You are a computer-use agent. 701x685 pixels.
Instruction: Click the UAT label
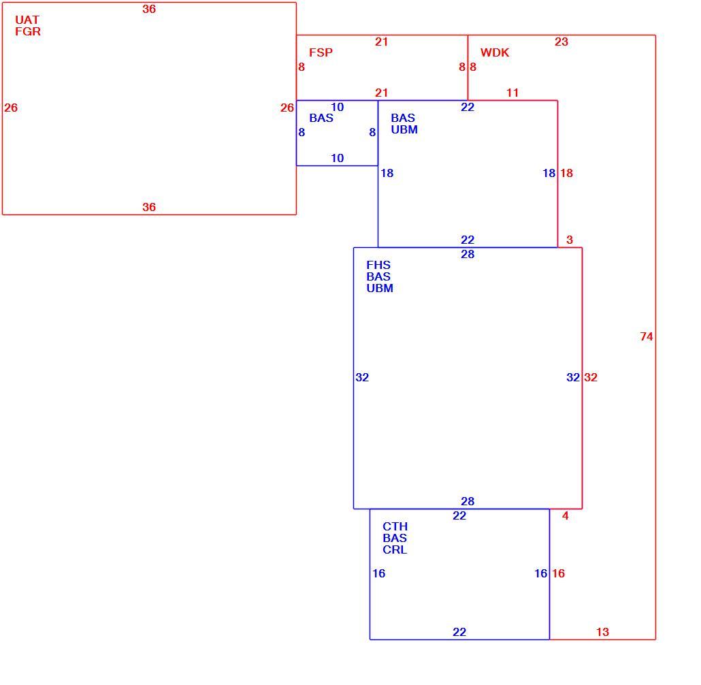(x=27, y=20)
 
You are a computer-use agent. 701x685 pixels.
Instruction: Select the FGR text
(x=28, y=31)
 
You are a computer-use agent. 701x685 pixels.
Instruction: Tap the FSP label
(x=321, y=52)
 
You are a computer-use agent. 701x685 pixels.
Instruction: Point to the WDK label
(x=495, y=52)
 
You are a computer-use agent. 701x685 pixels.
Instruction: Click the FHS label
(x=378, y=265)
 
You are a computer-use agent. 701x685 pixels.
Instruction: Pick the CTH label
(x=395, y=526)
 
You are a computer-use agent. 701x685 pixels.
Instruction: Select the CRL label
(x=395, y=549)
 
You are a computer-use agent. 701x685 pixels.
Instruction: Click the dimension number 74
(x=647, y=336)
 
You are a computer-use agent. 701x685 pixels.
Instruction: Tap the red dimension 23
(x=561, y=42)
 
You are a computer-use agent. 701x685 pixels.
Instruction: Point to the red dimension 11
(x=512, y=93)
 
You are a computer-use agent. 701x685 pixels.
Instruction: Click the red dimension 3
(x=570, y=240)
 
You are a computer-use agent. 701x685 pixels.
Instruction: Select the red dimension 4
(x=566, y=516)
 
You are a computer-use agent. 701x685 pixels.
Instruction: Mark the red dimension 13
(x=602, y=632)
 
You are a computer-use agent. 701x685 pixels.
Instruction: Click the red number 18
(x=566, y=173)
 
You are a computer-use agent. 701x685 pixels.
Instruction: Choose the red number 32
(x=591, y=377)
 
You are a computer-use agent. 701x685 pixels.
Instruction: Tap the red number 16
(x=558, y=573)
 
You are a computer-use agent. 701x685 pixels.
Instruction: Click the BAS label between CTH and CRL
(x=395, y=538)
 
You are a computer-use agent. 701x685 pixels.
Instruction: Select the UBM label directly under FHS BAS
(x=380, y=288)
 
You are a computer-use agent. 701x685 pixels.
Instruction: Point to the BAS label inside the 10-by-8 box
(x=321, y=118)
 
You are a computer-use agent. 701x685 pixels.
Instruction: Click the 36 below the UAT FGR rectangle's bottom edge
(x=149, y=207)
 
